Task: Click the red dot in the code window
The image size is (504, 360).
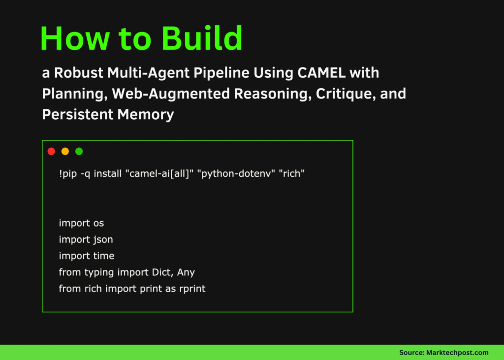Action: (x=51, y=151)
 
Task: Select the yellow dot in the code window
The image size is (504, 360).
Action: (x=65, y=151)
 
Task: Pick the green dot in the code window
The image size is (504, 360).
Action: (x=79, y=151)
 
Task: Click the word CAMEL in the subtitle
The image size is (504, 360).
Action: (x=320, y=73)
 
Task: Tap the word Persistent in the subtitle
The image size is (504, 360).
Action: (x=77, y=114)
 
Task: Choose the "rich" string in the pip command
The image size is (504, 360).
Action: (x=291, y=174)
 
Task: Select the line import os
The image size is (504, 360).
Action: (x=81, y=223)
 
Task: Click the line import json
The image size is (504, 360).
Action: (x=86, y=239)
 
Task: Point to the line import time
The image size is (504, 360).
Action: (x=86, y=256)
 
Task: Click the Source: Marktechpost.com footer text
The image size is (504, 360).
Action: (x=443, y=352)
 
